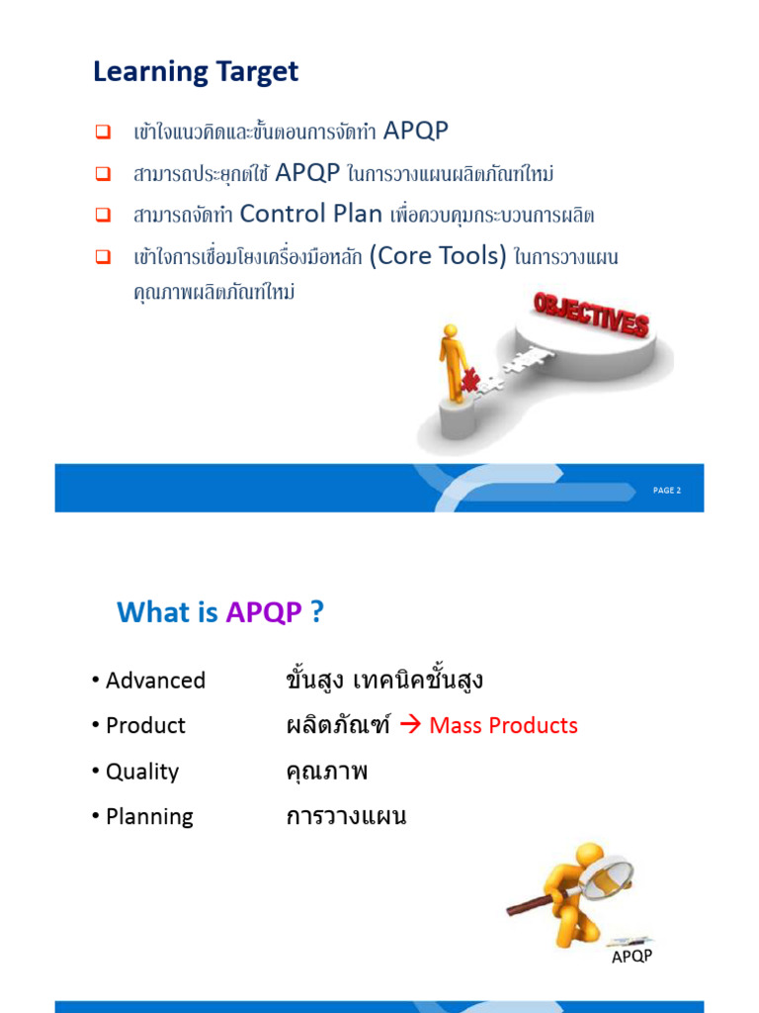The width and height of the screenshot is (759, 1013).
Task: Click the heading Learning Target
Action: click(x=196, y=72)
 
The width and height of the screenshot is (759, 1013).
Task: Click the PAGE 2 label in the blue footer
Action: click(x=667, y=491)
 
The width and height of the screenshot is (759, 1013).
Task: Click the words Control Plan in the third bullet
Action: click(x=310, y=214)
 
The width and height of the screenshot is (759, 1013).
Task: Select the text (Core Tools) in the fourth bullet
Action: click(x=438, y=256)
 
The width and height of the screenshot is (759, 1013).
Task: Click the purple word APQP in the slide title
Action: click(x=264, y=612)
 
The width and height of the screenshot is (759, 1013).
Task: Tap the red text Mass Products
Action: click(x=504, y=725)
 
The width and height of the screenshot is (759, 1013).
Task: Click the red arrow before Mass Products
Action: click(x=412, y=725)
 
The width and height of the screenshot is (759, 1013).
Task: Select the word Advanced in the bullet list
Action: click(x=155, y=681)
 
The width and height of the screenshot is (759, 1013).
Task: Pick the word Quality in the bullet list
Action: click(x=142, y=772)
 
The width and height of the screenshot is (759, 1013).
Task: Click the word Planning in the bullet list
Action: click(x=149, y=817)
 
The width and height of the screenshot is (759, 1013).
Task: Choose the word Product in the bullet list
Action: click(x=145, y=725)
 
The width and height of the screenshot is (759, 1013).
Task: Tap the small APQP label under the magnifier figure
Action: click(x=632, y=957)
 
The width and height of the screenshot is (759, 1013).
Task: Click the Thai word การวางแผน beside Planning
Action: click(x=346, y=817)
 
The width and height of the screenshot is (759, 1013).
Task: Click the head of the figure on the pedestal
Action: click(x=451, y=331)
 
